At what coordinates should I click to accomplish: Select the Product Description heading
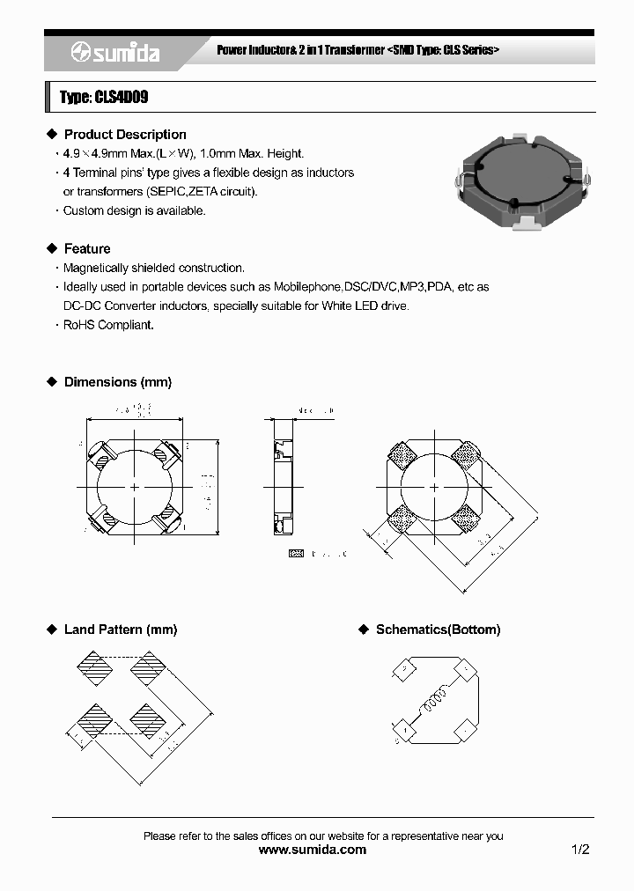(124, 135)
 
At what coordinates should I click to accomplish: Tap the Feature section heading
(86, 249)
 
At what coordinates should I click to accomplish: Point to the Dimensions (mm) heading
(117, 382)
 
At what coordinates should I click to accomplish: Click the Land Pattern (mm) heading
(120, 630)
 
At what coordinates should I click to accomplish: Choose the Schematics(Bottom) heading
(438, 630)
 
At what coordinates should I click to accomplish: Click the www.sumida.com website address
(313, 850)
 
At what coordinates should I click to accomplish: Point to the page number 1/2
(579, 850)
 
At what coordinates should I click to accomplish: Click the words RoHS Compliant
(108, 325)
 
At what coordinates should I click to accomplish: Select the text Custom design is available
(134, 211)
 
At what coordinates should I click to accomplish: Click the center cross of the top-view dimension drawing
(134, 487)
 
